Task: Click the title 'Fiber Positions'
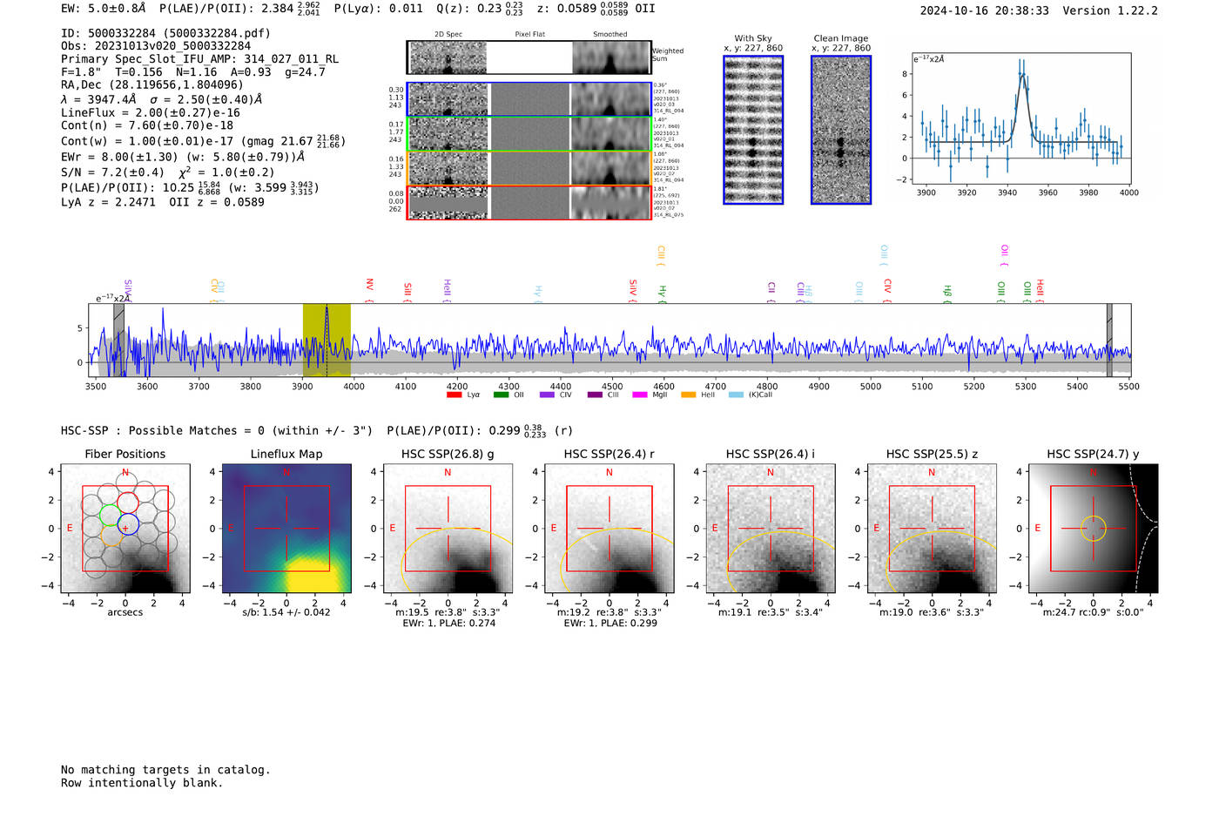coord(125,454)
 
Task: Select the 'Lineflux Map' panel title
coord(286,454)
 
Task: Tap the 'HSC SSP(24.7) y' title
coord(1093,454)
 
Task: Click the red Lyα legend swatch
coord(454,395)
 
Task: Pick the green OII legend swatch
coord(501,395)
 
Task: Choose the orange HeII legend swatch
coord(688,395)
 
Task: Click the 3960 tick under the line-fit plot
coord(1047,192)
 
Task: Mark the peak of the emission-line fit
coord(1022,74)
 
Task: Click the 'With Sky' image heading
coord(753,38)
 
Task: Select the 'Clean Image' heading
coord(840,38)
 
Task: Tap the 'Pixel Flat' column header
coord(529,34)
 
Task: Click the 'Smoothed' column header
coord(609,34)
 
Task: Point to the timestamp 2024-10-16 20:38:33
coord(984,10)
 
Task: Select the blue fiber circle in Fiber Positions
coord(128,524)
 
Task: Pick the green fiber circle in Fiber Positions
coord(109,514)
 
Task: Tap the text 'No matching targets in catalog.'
coord(165,770)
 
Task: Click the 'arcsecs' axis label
coord(125,612)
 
